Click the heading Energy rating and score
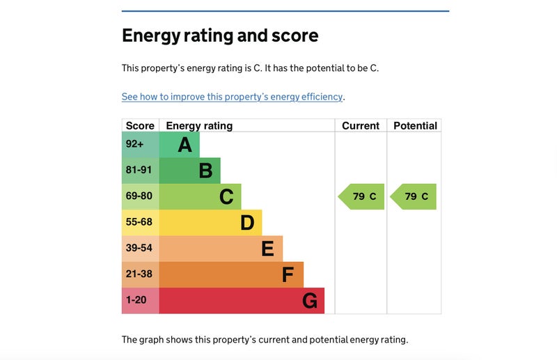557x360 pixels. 220,36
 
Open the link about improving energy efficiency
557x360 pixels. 232,97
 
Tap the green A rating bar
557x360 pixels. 180,145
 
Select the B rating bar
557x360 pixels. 190,171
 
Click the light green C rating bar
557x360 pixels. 201,197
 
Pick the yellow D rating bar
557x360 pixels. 211,223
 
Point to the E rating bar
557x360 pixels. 221,249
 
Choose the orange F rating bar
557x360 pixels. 232,275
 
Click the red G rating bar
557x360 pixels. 242,301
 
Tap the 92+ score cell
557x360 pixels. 140,145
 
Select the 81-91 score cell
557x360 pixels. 140,171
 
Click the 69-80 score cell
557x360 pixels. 140,197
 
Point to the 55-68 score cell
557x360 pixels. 140,223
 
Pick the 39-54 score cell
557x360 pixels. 140,249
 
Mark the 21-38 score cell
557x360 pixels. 140,275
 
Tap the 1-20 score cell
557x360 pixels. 140,301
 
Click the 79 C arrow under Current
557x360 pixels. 362,197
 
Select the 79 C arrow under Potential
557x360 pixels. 414,197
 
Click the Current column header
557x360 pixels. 361,126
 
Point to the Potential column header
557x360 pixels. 415,126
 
